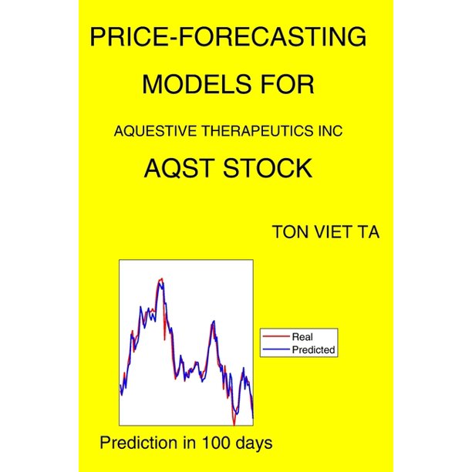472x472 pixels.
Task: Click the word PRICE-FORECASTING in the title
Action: point(228,37)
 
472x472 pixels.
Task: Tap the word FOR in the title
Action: point(288,84)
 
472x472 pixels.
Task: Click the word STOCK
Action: point(268,168)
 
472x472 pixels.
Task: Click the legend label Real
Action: point(302,336)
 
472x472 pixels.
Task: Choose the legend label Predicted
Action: point(313,350)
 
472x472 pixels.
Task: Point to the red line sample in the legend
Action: point(276,336)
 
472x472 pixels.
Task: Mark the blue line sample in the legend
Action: point(276,349)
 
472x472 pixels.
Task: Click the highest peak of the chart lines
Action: point(162,278)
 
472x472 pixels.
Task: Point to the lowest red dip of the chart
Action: point(234,425)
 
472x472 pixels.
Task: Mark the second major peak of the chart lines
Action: point(214,321)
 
